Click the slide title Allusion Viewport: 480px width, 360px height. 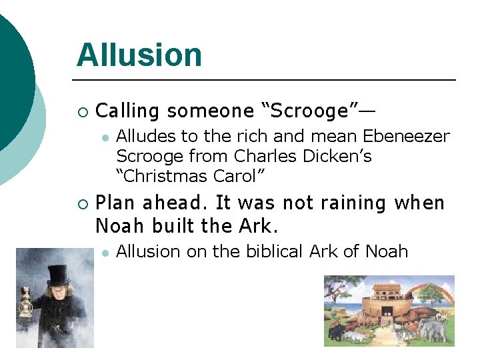tap(139, 55)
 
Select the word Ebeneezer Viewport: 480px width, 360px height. tap(406, 137)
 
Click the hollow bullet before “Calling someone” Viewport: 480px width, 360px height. tap(82, 111)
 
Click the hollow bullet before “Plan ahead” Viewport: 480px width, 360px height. tap(82, 203)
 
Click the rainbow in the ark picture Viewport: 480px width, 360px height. tap(433, 293)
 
